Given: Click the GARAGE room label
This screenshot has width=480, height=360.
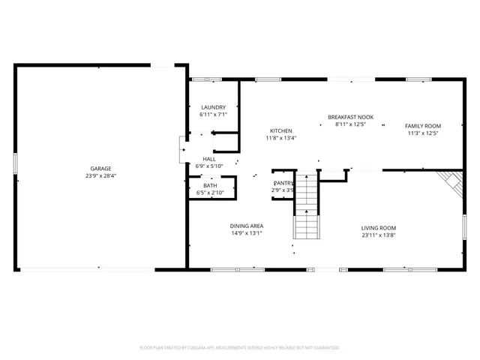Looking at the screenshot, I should [x=100, y=169].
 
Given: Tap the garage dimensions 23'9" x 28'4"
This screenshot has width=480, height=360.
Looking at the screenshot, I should [x=100, y=176].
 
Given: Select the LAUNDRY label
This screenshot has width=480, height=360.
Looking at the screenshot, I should [x=212, y=108].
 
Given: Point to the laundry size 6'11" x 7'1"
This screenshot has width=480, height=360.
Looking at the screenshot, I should [x=212, y=115].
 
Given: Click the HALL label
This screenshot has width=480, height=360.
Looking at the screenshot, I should [x=208, y=159].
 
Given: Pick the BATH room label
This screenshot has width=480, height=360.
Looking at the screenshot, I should [x=210, y=185].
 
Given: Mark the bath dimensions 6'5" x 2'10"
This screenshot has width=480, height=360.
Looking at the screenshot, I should [x=210, y=193].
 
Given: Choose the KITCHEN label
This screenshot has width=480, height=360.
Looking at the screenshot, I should [x=281, y=130].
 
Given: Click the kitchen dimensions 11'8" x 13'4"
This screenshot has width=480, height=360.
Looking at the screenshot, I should [x=281, y=138].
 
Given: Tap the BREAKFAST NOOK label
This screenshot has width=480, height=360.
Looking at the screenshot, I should [x=350, y=117].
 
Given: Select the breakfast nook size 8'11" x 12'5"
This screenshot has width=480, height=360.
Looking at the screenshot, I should [x=350, y=124].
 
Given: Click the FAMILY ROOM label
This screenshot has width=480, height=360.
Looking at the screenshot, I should [x=423, y=126].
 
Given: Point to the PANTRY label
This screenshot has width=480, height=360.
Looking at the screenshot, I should [x=283, y=183].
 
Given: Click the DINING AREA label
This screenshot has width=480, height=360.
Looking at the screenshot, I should [x=246, y=225].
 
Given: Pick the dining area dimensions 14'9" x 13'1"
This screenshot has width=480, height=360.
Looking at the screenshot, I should [x=246, y=233].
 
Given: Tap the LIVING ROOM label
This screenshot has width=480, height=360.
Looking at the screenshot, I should [x=379, y=228].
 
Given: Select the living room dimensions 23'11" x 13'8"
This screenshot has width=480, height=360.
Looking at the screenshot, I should [x=379, y=235].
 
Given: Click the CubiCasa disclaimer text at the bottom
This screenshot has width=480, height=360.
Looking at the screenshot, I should [x=240, y=348].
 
